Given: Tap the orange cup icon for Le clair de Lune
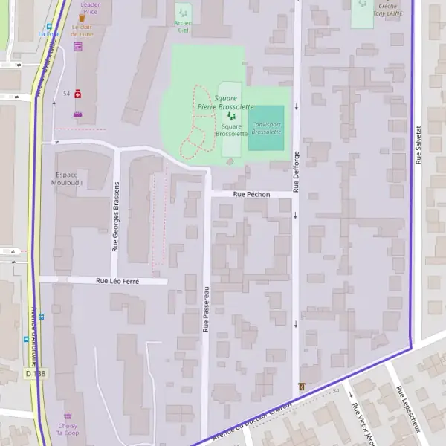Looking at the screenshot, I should click(82, 18).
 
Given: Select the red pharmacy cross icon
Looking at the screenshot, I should click(77, 94).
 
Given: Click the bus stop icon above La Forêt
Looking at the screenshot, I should click(49, 25).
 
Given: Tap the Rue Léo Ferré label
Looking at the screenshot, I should click(117, 281).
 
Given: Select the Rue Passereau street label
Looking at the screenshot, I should click(206, 309).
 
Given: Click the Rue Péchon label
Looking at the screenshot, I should click(251, 194).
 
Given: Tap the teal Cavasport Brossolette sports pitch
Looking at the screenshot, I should click(266, 127).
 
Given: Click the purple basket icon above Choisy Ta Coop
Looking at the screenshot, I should click(69, 416).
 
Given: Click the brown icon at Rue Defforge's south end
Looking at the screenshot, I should click(301, 387).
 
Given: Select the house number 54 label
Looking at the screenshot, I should click(66, 94).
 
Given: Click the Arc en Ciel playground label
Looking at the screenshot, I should click(183, 26).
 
